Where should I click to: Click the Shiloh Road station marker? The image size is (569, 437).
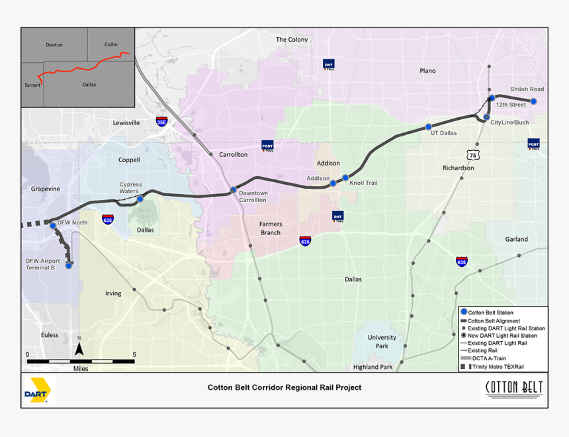pyautogui.click(x=533, y=101)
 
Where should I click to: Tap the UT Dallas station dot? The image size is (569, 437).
pyautogui.click(x=428, y=126)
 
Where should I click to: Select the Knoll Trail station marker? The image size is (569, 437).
pyautogui.click(x=345, y=177)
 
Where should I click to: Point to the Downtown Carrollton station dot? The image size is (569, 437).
pyautogui.click(x=233, y=190)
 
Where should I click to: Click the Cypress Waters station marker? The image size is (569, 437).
pyautogui.click(x=140, y=199)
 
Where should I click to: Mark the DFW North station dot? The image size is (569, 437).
pyautogui.click(x=53, y=226)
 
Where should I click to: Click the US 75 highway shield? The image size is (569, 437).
pyautogui.click(x=472, y=154)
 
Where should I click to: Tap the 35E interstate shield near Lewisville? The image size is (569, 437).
pyautogui.click(x=161, y=122)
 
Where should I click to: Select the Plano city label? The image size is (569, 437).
pyautogui.click(x=428, y=71)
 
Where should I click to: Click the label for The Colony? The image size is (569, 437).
pyautogui.click(x=292, y=40)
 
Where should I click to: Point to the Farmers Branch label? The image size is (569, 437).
pyautogui.click(x=270, y=228)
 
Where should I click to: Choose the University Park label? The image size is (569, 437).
pyautogui.click(x=382, y=342)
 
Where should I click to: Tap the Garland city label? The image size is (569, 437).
pyautogui.click(x=517, y=239)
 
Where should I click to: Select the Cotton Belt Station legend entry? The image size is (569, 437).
pyautogui.click(x=490, y=313)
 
